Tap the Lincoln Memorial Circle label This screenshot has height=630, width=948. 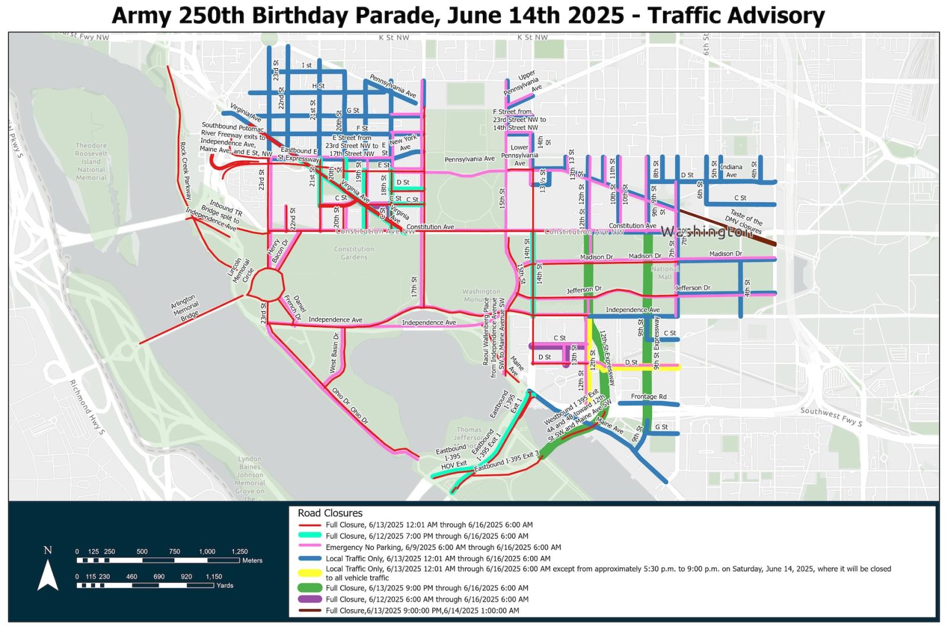pyautogui.click(x=242, y=270)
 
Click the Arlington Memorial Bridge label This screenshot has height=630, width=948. pyautogui.click(x=184, y=309)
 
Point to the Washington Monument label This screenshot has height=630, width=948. pyautogui.click(x=481, y=295)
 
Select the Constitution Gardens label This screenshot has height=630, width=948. pyautogui.click(x=354, y=253)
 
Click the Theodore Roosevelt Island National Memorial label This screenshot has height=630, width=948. pyautogui.click(x=91, y=161)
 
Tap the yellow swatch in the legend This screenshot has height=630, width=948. pyautogui.click(x=310, y=573)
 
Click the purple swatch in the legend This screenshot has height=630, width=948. pyautogui.click(x=310, y=599)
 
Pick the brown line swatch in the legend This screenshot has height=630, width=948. pyautogui.click(x=310, y=610)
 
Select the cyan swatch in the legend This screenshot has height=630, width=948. pyautogui.click(x=310, y=536)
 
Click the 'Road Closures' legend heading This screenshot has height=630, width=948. pyautogui.click(x=329, y=513)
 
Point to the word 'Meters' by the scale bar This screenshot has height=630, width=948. pyautogui.click(x=252, y=560)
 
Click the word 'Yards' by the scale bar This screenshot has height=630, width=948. pyautogui.click(x=225, y=585)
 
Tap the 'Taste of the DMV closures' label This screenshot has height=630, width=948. pyautogui.click(x=745, y=222)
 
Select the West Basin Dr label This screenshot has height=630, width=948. pyautogui.click(x=335, y=353)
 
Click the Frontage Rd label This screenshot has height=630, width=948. pyautogui.click(x=648, y=396)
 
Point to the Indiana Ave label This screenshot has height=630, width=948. pyautogui.click(x=731, y=171)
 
